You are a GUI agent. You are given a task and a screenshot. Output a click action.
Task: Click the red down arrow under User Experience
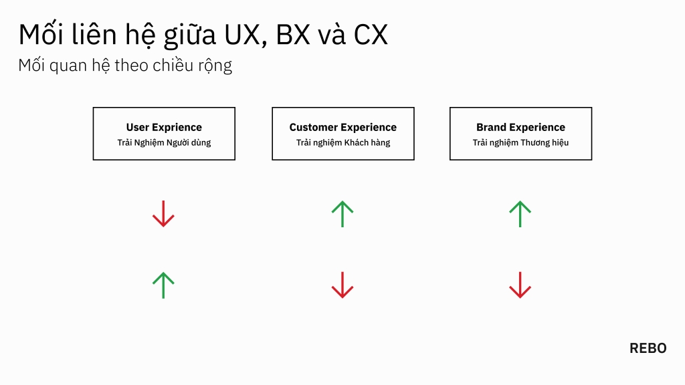pos(163,214)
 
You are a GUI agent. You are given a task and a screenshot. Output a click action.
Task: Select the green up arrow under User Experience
pos(163,285)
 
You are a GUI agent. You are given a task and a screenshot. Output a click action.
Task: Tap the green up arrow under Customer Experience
pos(342,214)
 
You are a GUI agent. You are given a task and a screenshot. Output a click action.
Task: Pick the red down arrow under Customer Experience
pos(342,285)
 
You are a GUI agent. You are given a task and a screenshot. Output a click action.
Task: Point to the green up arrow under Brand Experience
pos(520,214)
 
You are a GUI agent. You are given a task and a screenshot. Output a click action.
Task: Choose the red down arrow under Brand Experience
pos(520,285)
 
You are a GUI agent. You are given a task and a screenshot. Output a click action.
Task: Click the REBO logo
pos(648,348)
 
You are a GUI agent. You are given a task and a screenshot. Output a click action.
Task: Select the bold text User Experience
pos(164,127)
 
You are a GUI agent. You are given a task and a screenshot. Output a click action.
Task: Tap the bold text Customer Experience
pos(342,127)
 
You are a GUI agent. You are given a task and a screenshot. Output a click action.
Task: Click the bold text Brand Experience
pos(520,127)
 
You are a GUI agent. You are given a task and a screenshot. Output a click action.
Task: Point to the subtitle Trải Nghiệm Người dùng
pos(164,142)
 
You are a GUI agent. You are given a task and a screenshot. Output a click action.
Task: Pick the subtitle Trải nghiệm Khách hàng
pos(342,142)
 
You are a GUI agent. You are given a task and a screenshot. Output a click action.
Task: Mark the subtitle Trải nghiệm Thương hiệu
pos(520,142)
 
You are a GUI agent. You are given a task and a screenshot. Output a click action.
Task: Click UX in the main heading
pos(240,35)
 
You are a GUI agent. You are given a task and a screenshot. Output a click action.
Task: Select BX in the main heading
pos(293,35)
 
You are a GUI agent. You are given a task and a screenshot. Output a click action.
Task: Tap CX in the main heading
pos(371,35)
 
